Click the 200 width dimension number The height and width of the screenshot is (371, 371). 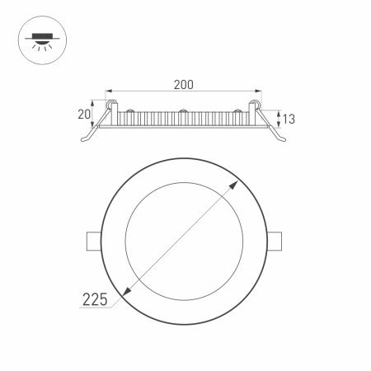184,84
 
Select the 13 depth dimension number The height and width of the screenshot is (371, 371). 289,120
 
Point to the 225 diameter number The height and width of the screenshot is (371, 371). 95,302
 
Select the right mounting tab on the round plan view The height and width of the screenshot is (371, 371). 279,240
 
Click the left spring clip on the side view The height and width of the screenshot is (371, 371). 90,138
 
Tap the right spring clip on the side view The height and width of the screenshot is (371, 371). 279,138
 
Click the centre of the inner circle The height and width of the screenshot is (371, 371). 185,240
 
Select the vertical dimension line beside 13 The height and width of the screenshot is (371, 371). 278,120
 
